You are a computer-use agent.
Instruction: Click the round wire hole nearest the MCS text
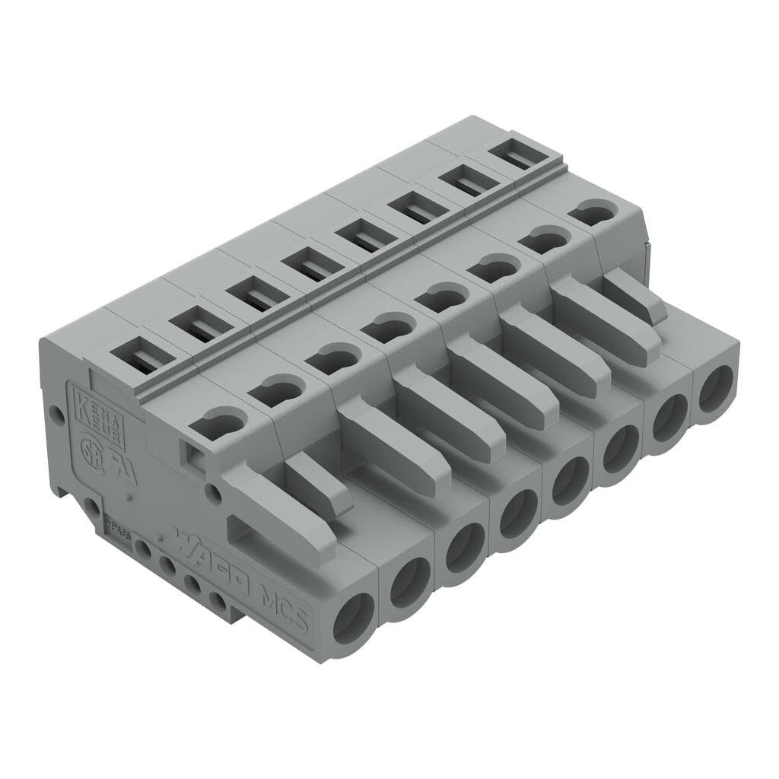coord(352,618)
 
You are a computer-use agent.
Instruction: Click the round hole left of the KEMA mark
coord(55,415)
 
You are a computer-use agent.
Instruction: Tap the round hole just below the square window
coord(216,494)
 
